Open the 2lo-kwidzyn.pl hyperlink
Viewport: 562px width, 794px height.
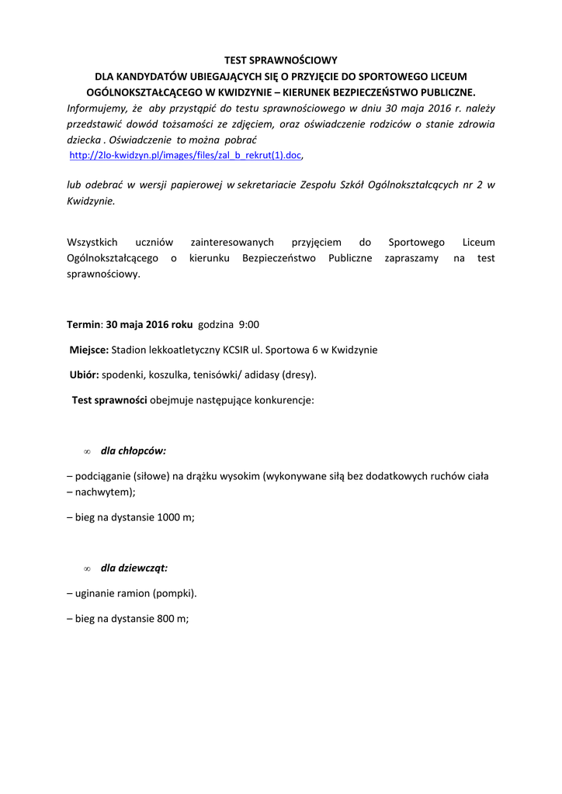pyautogui.click(x=185, y=156)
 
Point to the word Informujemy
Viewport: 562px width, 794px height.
pyautogui.click(x=94, y=108)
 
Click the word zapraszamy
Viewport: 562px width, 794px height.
pyautogui.click(x=411, y=258)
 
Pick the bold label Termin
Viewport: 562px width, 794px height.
pyautogui.click(x=84, y=324)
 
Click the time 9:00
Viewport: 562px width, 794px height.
pyautogui.click(x=249, y=324)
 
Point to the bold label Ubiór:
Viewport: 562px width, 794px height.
pyautogui.click(x=85, y=375)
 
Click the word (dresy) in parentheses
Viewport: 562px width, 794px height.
pyautogui.click(x=300, y=375)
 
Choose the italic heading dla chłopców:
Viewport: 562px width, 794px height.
pyautogui.click(x=134, y=451)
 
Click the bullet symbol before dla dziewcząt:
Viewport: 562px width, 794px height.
pyautogui.click(x=87, y=568)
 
